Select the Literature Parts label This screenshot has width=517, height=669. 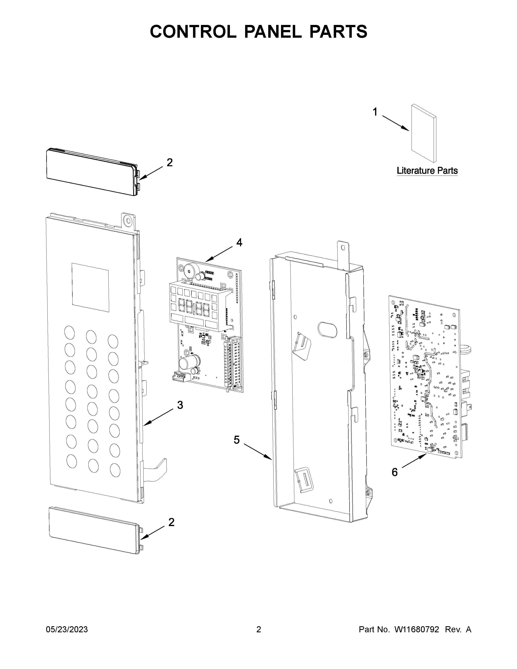click(427, 171)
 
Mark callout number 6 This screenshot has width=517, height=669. click(395, 472)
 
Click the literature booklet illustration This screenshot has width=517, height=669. click(424, 133)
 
